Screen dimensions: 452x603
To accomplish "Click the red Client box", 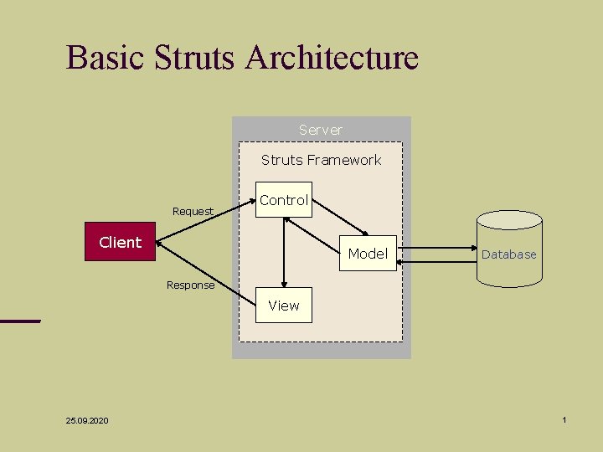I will (121, 242).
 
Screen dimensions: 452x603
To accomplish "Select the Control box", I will (283, 200).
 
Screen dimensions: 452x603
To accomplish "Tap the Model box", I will (367, 253).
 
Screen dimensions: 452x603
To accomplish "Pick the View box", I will (283, 306).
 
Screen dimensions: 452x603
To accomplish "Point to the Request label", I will (193, 211).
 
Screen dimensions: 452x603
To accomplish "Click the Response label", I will (190, 285).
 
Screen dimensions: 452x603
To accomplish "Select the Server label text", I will (321, 130).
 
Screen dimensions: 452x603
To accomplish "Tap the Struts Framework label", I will (321, 160).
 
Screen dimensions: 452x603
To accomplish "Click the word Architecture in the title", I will (332, 58).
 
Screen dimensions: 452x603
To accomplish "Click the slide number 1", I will (564, 419).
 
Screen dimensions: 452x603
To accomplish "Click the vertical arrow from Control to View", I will (284, 251).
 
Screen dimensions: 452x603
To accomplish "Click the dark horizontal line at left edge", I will (19, 321).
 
